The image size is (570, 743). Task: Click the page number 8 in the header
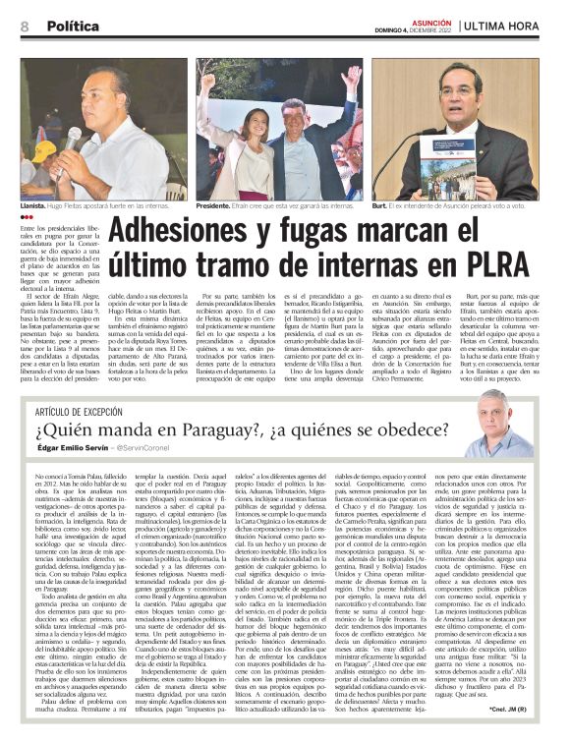[x=25, y=27]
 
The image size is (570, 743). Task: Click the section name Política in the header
[x=74, y=27]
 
